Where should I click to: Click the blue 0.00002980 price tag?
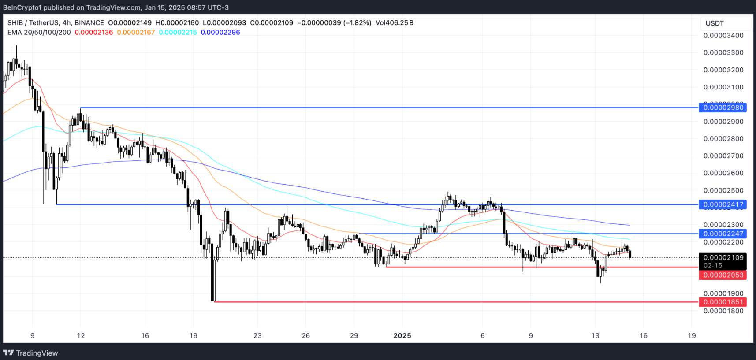[723, 108]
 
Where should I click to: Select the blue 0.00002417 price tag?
[723, 204]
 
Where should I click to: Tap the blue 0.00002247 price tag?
[723, 234]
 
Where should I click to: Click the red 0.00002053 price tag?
[723, 275]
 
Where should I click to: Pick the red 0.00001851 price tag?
[723, 302]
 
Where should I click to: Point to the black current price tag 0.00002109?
[723, 258]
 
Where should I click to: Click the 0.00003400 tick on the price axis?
[723, 35]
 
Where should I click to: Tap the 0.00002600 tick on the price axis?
[723, 173]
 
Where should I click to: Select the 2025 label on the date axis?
[402, 335]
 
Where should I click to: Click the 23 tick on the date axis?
[257, 335]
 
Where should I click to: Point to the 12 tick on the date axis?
[81, 335]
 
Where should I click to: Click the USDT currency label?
[715, 23]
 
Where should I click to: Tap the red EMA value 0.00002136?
[94, 32]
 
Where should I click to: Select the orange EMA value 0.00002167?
[136, 32]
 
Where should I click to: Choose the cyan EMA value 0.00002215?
[178, 32]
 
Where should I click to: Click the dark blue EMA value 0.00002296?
[220, 32]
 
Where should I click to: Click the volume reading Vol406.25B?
[395, 22]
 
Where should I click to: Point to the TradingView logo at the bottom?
[30, 353]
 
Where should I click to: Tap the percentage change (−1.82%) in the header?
[357, 22]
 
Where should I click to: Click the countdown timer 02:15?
[713, 265]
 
